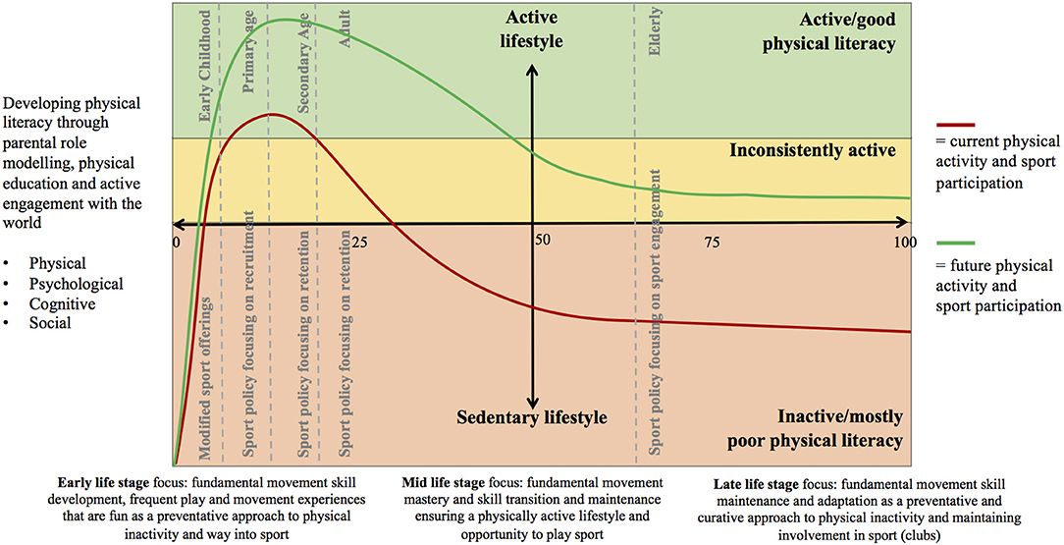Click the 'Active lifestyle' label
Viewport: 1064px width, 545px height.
pyautogui.click(x=534, y=29)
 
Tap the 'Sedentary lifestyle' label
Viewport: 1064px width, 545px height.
pyautogui.click(x=532, y=417)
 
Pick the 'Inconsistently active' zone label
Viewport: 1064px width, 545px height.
pyautogui.click(x=812, y=150)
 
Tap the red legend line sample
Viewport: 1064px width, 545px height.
pyautogui.click(x=956, y=125)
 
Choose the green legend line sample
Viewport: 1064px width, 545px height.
pyautogui.click(x=956, y=243)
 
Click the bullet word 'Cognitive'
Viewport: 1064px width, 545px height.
pyautogui.click(x=62, y=303)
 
